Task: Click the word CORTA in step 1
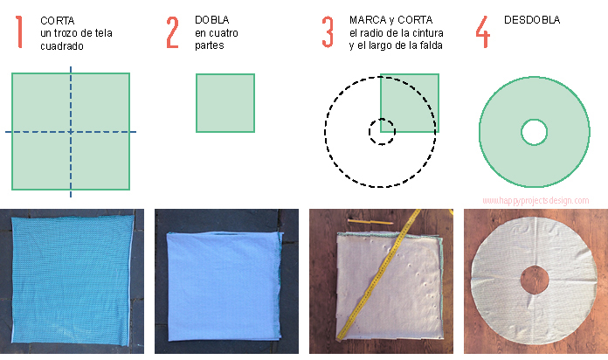pos(58,18)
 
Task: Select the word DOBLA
pos(212,18)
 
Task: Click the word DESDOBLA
pos(532,18)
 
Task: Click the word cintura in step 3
pos(425,32)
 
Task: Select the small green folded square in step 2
pos(225,102)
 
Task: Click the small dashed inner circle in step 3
pos(382,132)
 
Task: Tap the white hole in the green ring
pos(534,132)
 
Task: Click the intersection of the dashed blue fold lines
pos(71,132)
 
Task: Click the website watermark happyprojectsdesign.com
pos(535,201)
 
